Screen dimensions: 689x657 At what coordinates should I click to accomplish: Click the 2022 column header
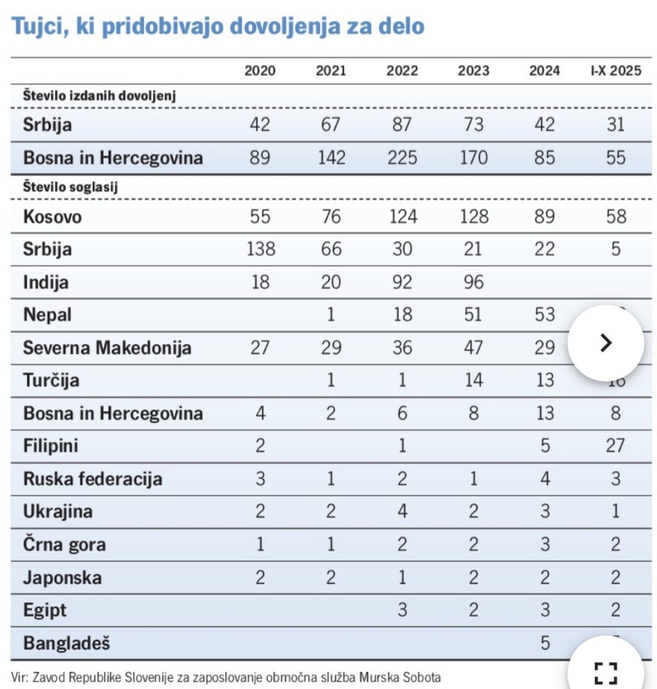pos(402,71)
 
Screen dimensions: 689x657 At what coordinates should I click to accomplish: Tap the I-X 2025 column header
pos(615,71)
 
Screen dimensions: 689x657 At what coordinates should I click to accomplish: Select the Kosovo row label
pos(52,217)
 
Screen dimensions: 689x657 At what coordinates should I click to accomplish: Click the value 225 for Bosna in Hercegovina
pos(402,158)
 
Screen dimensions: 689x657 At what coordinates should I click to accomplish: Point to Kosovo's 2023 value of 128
pos(474,217)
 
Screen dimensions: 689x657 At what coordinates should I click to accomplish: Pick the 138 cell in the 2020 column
pos(260,249)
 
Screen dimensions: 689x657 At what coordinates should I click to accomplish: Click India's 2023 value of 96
pos(474,282)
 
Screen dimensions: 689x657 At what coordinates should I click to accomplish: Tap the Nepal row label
pos(47,315)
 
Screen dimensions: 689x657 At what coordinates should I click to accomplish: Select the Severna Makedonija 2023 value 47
pos(474,348)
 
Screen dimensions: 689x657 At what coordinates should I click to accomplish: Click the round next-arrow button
pos(606,343)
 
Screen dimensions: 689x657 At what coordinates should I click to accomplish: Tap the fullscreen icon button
pos(606,673)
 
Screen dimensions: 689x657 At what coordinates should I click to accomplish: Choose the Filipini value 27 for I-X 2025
pos(615,445)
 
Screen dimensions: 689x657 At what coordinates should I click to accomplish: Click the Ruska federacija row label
pos(93,479)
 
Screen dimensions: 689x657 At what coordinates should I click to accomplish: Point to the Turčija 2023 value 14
pos(474,380)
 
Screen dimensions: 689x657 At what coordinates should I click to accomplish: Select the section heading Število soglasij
pos(70,187)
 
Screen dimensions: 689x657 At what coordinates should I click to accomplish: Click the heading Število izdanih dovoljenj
pos(99,96)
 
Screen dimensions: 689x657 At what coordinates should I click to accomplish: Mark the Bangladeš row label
pos(66,643)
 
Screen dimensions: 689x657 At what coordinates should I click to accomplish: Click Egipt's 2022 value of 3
pos(402,610)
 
